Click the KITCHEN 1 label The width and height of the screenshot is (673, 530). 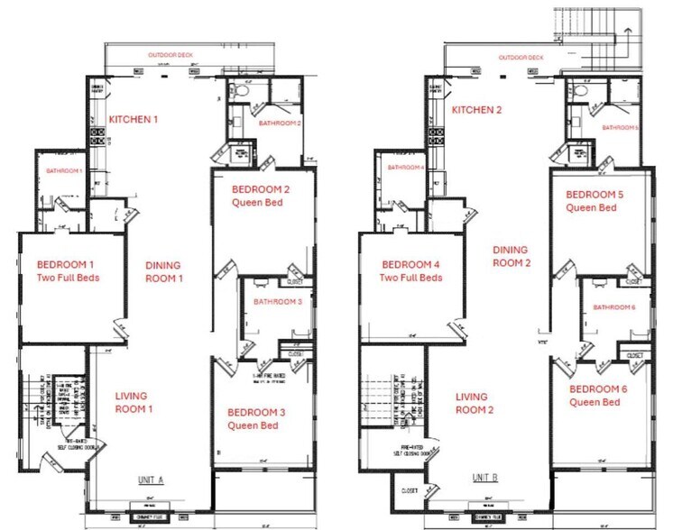134,119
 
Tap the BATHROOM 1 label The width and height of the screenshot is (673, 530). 64,170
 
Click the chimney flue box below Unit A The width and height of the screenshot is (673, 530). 150,517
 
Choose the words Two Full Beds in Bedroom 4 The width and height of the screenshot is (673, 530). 410,278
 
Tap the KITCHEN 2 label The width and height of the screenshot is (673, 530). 475,110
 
